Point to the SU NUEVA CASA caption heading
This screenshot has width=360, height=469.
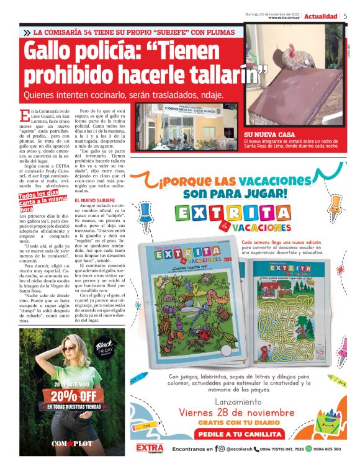point(270,135)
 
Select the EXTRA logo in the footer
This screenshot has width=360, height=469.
point(150,448)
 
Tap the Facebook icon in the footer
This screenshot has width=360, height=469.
point(216,449)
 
